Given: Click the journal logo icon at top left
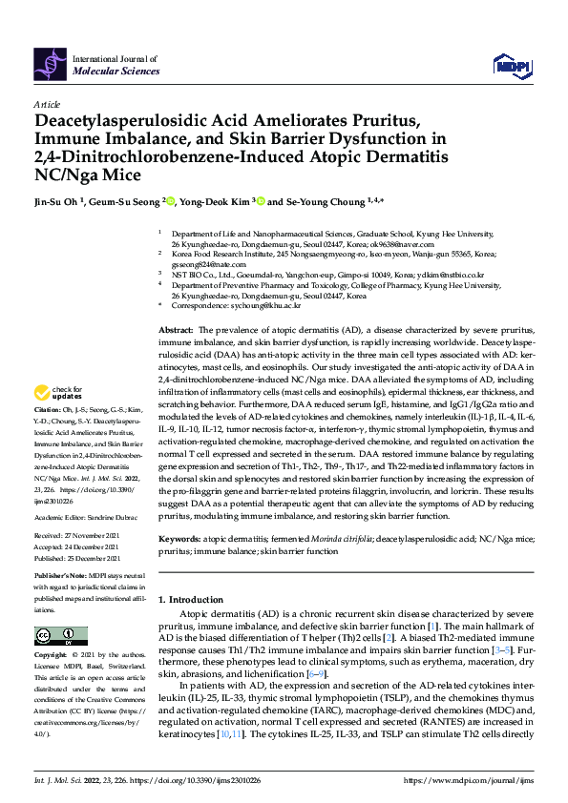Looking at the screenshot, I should [51, 62].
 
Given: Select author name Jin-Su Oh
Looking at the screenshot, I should [59, 202].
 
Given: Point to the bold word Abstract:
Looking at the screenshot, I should [178, 327].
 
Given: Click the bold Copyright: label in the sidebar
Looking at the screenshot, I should [53, 656].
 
